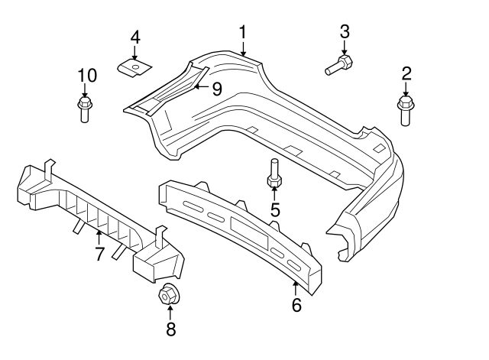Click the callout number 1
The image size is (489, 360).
(243, 32)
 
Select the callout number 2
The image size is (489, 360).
(406, 73)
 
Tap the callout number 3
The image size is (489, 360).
(345, 31)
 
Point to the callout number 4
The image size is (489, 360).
(134, 37)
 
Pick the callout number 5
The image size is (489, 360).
(274, 209)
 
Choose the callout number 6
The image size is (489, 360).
(296, 305)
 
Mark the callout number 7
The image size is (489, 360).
(99, 254)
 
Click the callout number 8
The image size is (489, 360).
(170, 329)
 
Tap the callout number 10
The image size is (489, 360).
(87, 75)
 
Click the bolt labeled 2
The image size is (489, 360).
(405, 111)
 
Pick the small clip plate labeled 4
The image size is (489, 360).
(133, 68)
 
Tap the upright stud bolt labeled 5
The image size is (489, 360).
(274, 174)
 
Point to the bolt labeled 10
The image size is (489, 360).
(84, 109)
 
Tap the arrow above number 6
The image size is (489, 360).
(296, 287)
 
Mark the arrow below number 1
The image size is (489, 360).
(243, 49)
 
